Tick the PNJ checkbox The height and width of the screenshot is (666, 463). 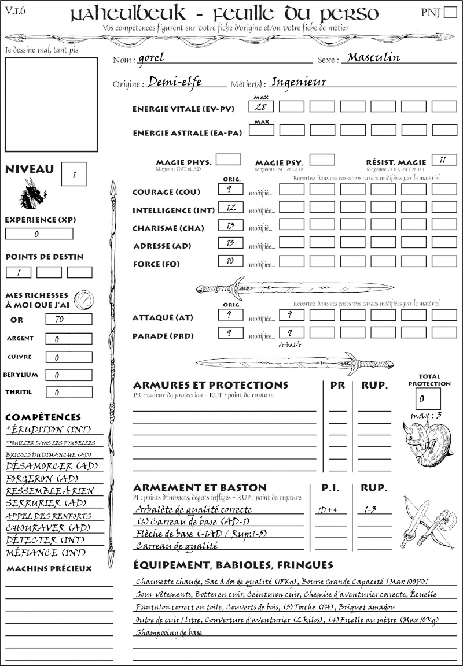(x=450, y=13)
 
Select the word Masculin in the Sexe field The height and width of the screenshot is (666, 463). (x=373, y=58)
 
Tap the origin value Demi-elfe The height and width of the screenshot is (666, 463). (x=175, y=82)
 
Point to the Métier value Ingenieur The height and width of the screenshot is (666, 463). (x=299, y=82)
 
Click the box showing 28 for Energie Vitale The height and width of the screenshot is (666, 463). (x=261, y=106)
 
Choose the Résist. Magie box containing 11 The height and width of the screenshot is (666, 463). (x=444, y=160)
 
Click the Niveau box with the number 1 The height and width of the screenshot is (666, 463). (x=75, y=173)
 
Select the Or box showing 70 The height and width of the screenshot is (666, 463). (x=68, y=319)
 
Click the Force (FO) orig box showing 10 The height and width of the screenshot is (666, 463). (x=230, y=261)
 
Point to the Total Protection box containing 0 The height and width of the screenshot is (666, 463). (x=428, y=398)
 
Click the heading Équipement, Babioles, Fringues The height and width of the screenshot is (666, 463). (x=233, y=565)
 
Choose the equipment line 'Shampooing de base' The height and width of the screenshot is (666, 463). (x=168, y=632)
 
